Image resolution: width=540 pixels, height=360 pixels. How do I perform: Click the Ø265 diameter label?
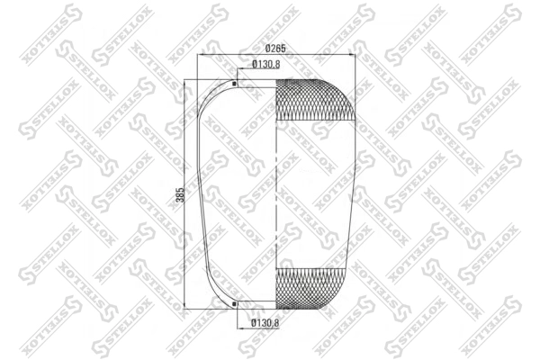click(275, 49)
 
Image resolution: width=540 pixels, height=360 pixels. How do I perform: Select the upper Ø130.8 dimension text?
click(265, 64)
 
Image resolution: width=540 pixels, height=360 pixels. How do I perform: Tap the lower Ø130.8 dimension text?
click(265, 323)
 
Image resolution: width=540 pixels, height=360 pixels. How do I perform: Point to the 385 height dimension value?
click(181, 194)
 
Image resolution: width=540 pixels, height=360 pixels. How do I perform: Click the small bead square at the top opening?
click(235, 84)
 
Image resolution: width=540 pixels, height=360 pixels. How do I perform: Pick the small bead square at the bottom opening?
click(235, 304)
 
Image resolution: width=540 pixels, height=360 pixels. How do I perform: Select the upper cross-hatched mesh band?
click(315, 100)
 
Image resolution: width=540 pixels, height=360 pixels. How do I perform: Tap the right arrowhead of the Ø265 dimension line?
click(352, 54)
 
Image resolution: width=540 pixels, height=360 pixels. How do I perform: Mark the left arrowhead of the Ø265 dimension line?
click(200, 54)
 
